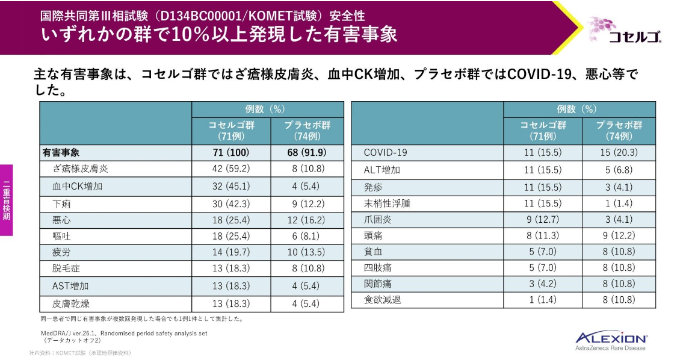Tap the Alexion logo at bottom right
click(611, 340)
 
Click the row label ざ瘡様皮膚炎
click(81, 169)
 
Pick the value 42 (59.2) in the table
click(231, 169)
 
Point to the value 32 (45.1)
click(231, 186)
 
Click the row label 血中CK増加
click(78, 186)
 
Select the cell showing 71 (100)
click(231, 152)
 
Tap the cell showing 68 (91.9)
click(307, 152)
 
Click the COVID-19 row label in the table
click(385, 153)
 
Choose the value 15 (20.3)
click(619, 153)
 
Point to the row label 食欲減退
click(382, 299)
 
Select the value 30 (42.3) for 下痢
click(231, 203)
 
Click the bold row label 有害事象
click(61, 152)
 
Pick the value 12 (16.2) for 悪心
click(307, 220)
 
